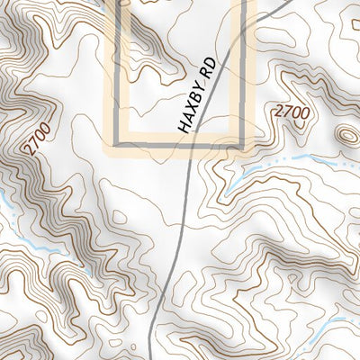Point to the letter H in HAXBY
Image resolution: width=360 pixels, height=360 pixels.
point(184,127)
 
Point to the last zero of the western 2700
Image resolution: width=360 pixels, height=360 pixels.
point(47,128)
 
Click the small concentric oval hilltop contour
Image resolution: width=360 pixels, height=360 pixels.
point(346,135)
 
